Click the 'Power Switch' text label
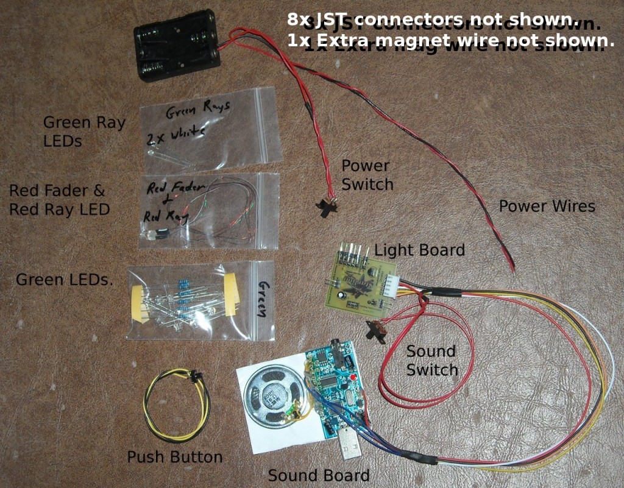[367, 174]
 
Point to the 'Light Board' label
[419, 250]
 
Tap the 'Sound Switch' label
[432, 360]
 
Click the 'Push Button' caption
[174, 457]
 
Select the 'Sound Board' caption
[319, 476]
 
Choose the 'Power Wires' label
[547, 206]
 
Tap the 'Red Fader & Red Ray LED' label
[59, 200]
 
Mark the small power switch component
[328, 205]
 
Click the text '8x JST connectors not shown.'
[432, 20]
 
